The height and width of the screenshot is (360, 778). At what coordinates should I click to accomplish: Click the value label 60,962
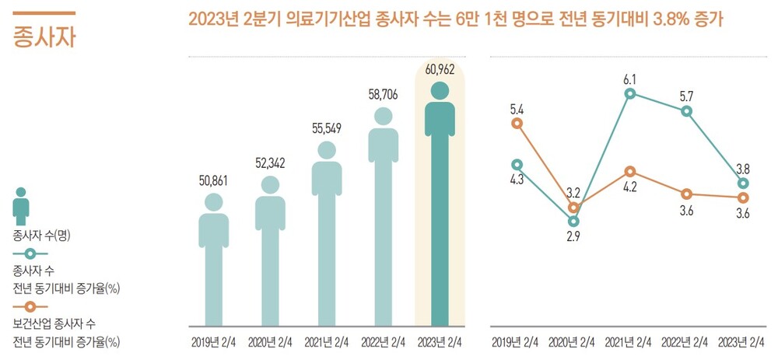coord(440,69)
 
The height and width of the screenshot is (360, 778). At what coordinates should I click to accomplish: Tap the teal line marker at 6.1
coord(630,93)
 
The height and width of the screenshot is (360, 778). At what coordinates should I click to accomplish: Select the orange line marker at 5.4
coord(517,123)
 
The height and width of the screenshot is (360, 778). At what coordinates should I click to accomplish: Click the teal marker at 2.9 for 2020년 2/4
coord(573,221)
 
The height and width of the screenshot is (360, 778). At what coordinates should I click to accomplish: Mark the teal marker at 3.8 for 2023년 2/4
coord(743,183)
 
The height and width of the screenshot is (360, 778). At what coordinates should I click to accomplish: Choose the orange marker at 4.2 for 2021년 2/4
coord(630,171)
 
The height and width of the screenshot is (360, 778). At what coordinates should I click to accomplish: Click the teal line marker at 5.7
coord(686,111)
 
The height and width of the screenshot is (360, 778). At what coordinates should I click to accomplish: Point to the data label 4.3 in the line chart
coord(517,180)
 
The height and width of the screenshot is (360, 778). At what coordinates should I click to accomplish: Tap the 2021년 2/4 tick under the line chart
coord(630,341)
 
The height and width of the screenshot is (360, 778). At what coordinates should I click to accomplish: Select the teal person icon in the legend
coord(22,207)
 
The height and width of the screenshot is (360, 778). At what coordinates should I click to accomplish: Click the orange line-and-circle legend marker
coord(30,306)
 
